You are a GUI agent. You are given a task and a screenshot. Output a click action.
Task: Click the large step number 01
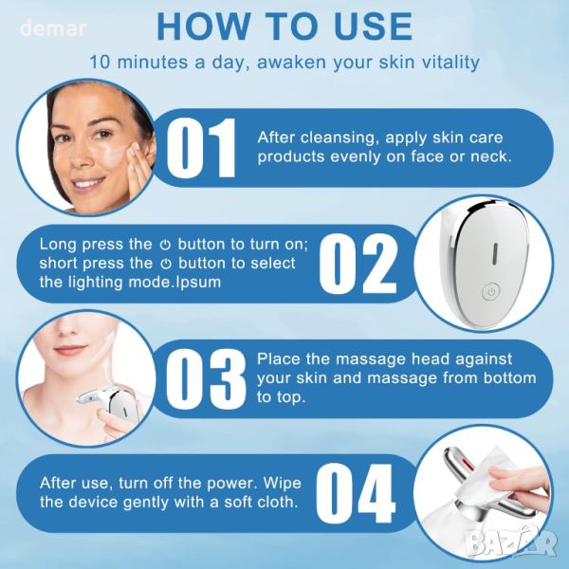[201, 148]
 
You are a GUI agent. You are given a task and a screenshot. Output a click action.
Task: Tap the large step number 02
[358, 264]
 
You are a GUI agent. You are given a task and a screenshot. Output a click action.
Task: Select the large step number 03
[206, 379]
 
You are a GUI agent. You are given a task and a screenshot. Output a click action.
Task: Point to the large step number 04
[356, 493]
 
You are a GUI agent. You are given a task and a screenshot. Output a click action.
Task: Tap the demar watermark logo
[53, 28]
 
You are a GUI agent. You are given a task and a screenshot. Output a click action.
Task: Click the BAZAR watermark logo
[512, 543]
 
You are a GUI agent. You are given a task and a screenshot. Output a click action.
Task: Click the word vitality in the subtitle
[449, 62]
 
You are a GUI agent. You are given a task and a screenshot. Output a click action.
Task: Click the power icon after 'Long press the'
[165, 245]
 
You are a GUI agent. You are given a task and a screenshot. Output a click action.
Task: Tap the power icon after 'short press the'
[166, 264]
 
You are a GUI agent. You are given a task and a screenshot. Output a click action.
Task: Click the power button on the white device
[491, 291]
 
